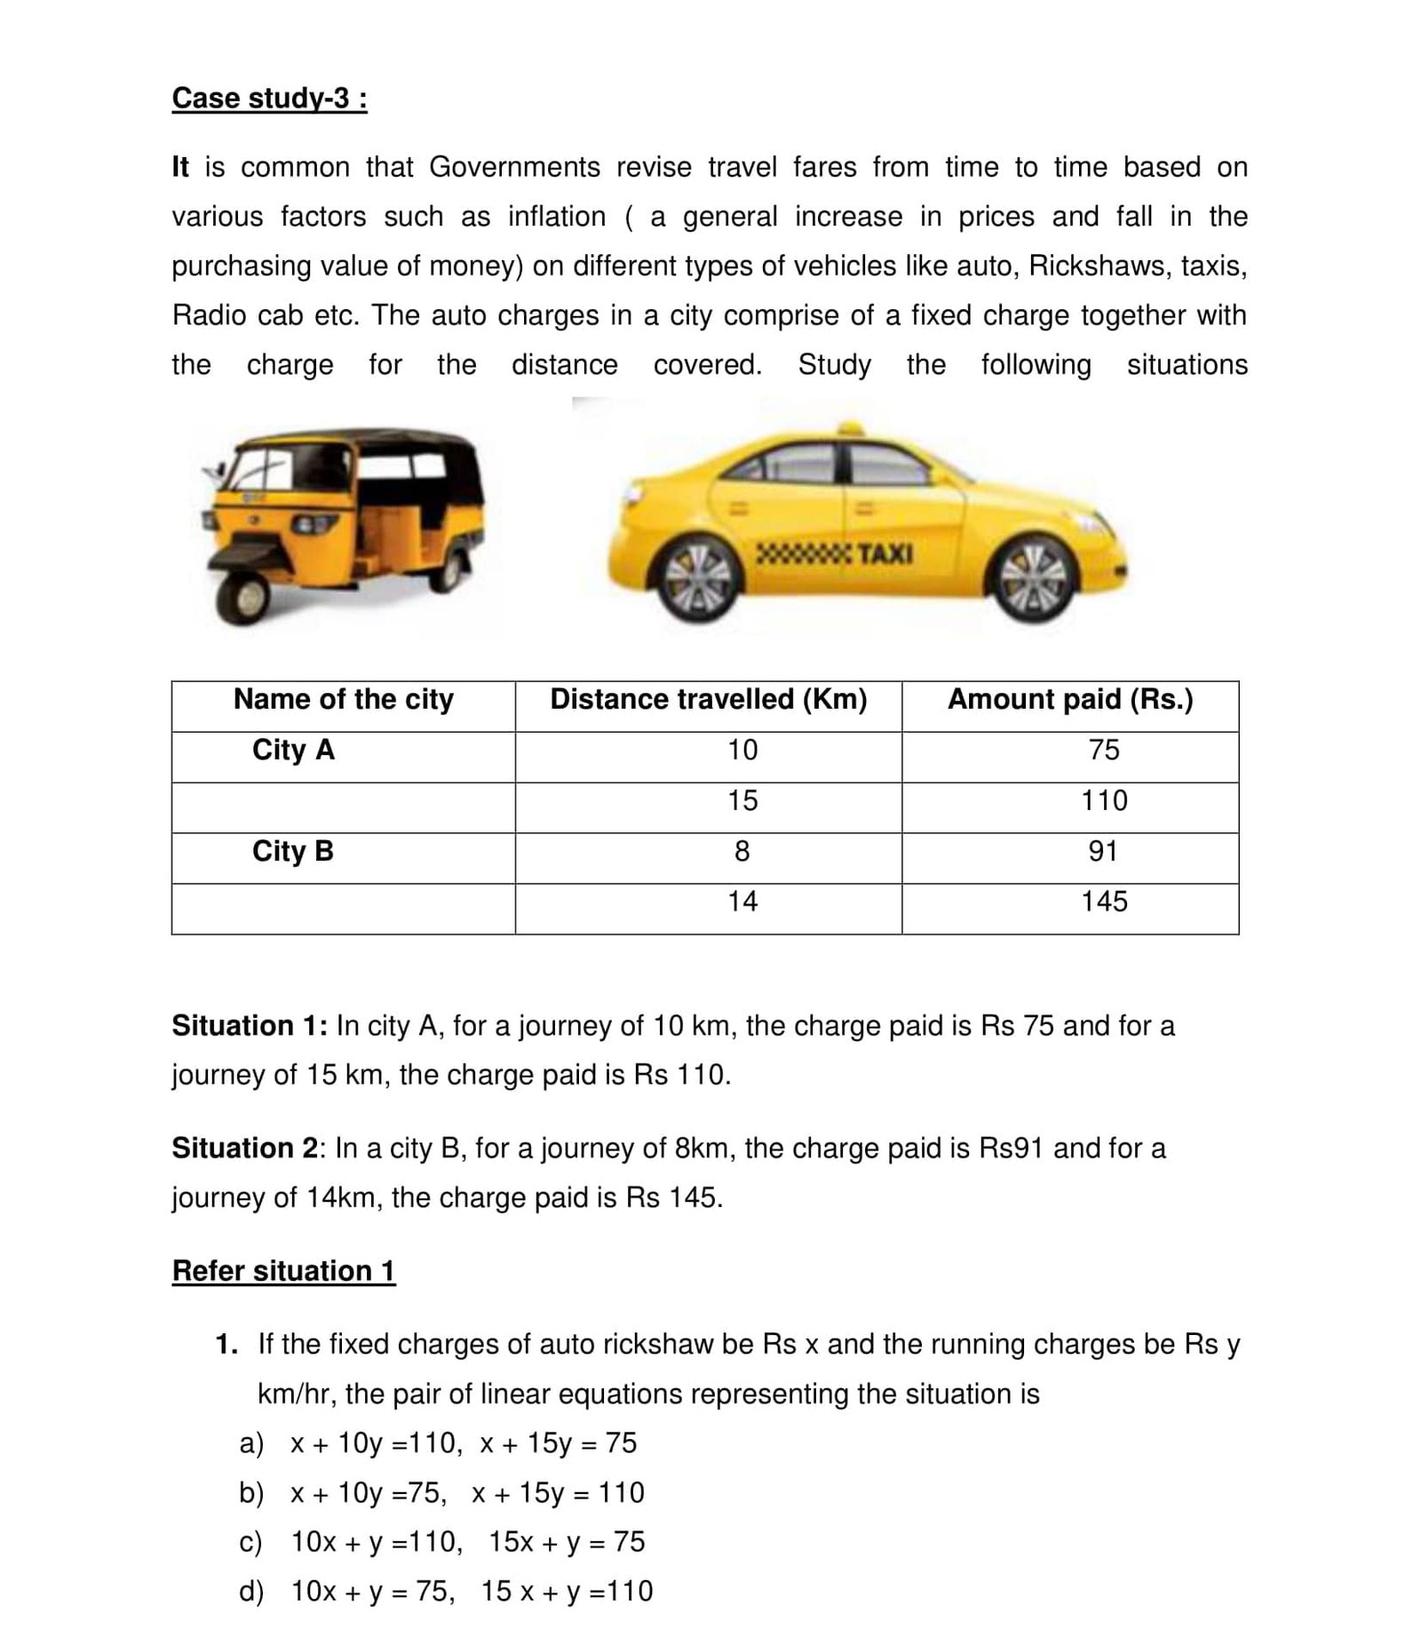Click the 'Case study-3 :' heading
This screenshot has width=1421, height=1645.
click(269, 98)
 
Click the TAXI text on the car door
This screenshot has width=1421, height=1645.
click(884, 554)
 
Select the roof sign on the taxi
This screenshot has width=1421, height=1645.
click(850, 429)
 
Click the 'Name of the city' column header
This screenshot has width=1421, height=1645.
click(343, 699)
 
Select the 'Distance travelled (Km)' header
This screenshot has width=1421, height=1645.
click(708, 699)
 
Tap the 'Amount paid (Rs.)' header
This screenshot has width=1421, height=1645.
click(1069, 699)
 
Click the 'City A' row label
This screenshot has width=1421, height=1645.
click(293, 750)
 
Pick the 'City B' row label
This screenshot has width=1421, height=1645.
click(292, 851)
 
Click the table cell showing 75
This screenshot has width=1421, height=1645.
click(1103, 750)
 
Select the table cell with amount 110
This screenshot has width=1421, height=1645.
click(1103, 800)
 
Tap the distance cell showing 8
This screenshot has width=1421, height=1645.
click(742, 851)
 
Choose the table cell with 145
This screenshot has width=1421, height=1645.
click(1103, 902)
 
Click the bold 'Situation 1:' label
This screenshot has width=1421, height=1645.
click(250, 1026)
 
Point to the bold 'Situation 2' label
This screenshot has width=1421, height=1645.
click(245, 1148)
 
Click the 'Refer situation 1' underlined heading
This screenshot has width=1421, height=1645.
click(283, 1271)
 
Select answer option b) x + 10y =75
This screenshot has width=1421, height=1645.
click(441, 1493)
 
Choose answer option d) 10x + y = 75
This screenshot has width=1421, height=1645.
click(445, 1591)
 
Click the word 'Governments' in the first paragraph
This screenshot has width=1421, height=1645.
click(515, 167)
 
